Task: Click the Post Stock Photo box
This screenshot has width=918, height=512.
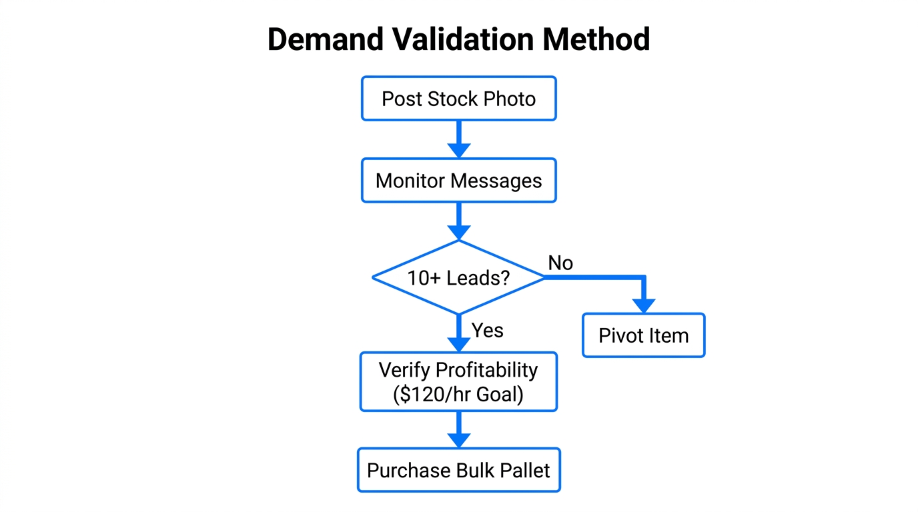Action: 458,99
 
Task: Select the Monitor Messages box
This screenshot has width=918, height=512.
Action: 458,181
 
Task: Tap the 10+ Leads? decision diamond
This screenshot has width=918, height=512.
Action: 458,277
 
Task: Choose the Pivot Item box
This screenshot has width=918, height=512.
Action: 643,335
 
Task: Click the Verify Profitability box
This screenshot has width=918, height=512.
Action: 458,382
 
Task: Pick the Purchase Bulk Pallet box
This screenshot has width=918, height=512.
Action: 458,470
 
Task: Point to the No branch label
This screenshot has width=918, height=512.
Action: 560,263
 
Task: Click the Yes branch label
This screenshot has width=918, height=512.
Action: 488,330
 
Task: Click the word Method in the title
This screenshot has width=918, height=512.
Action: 596,39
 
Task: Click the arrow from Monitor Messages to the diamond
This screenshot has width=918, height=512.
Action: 458,221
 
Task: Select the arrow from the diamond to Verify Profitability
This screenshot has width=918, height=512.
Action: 458,333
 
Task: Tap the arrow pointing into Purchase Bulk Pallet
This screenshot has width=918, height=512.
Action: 458,430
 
